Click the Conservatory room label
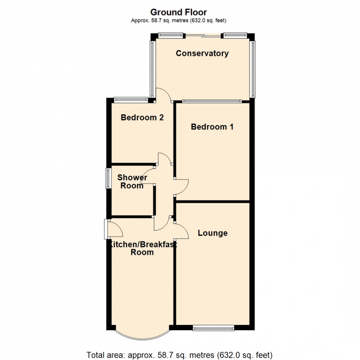pyautogui.click(x=202, y=53)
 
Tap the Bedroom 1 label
pyautogui.click(x=212, y=126)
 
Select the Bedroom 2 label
pyautogui.click(x=142, y=117)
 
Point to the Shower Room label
pyautogui.click(x=132, y=181)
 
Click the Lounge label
pyautogui.click(x=212, y=233)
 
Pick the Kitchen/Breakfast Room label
pyautogui.click(x=142, y=248)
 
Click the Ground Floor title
pyautogui.click(x=179, y=12)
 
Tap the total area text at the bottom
pyautogui.click(x=179, y=355)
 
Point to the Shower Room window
pyautogui.click(x=108, y=178)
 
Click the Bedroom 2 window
pyautogui.click(x=131, y=100)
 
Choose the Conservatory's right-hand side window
pyautogui.click(x=252, y=69)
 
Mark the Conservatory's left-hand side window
pyautogui.click(x=152, y=69)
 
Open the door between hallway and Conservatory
pyautogui.click(x=164, y=95)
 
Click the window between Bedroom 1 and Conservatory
pyautogui.click(x=212, y=101)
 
